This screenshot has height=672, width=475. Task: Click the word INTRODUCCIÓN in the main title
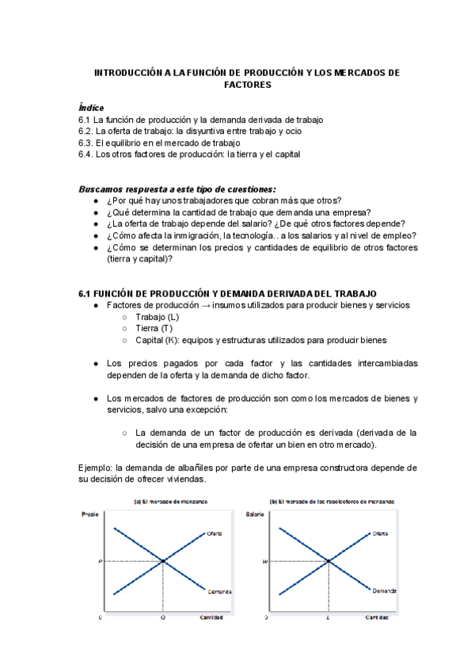128,72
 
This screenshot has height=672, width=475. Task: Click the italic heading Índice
91,108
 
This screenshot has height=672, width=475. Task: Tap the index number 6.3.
86,143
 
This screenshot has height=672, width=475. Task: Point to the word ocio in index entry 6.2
291,131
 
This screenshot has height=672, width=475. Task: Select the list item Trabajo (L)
158,317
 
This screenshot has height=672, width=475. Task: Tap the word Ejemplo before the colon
96,468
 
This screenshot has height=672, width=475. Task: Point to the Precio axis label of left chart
91,515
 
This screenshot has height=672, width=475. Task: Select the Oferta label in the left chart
215,533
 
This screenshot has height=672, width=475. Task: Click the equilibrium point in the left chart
163,561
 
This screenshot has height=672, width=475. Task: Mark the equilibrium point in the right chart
328,561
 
